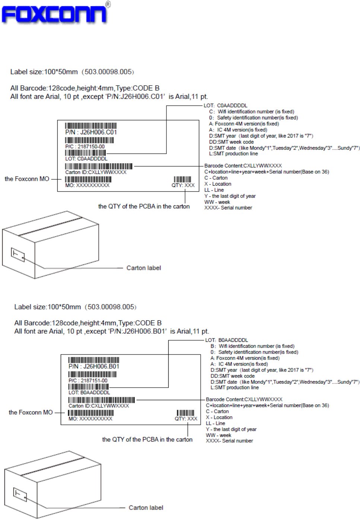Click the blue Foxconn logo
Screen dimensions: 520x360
55,14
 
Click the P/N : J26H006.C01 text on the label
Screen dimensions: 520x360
91,132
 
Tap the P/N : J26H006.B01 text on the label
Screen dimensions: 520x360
94,366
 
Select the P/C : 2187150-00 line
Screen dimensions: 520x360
85,147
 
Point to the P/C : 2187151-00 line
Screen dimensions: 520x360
88,381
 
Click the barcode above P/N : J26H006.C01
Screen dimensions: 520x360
91,126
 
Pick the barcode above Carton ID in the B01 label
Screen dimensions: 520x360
102,400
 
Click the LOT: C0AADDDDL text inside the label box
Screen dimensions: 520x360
86,159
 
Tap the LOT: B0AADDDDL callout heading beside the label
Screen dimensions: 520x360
226,340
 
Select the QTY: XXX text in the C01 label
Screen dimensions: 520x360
183,185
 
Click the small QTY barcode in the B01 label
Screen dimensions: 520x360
185,413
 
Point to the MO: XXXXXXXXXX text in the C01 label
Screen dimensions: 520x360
87,185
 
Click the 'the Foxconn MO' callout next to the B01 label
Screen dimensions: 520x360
31,413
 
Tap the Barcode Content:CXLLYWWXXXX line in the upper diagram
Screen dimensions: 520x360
243,166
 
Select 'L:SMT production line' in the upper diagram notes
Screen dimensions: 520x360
233,154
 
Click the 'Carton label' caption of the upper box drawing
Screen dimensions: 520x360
144,268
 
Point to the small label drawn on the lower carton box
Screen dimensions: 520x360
20,494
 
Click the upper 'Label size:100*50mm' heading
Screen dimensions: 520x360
44,72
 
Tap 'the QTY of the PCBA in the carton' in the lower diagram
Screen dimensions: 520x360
147,440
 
